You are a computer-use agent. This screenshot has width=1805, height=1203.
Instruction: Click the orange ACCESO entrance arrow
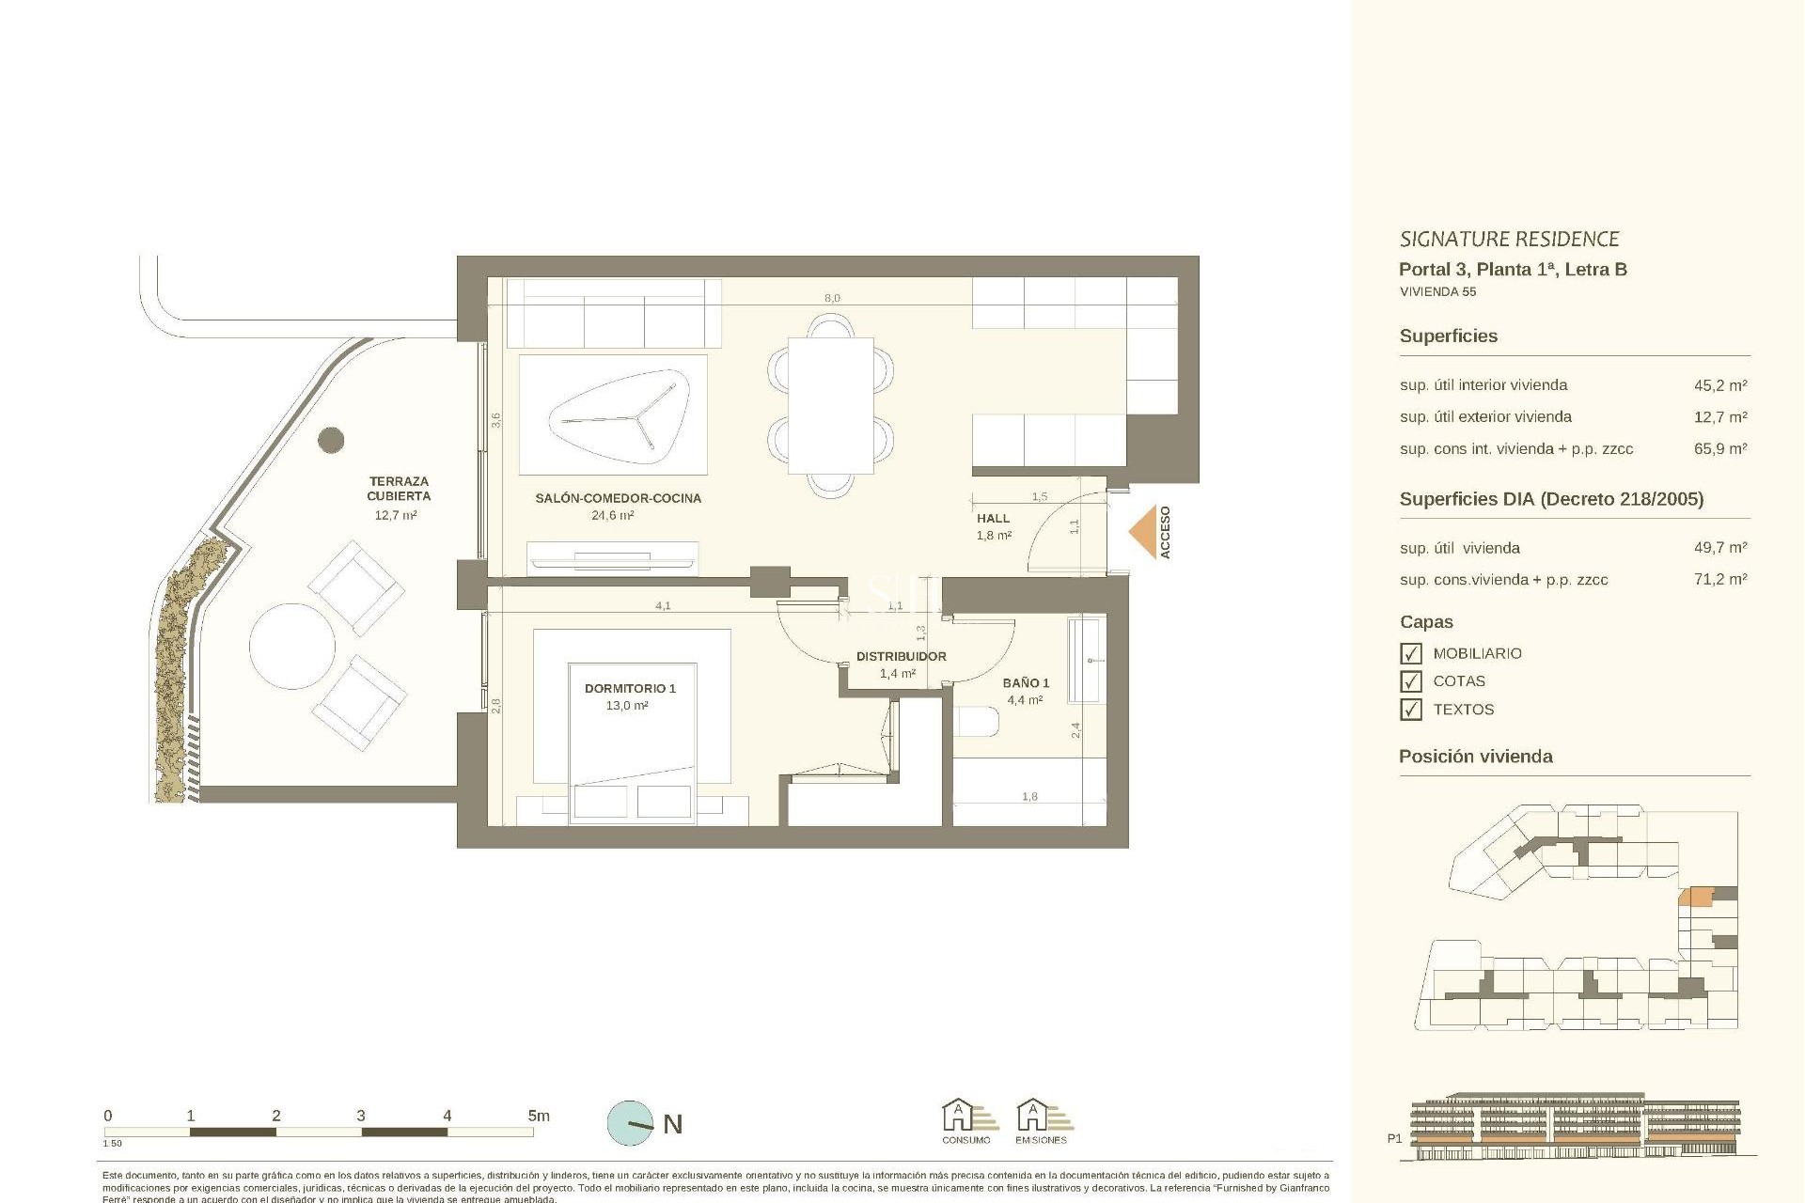1143,532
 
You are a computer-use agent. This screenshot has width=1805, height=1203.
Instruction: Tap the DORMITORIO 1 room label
629,689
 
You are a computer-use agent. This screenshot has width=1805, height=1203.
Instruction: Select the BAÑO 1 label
1026,683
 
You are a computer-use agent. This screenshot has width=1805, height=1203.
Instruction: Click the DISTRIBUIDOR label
901,657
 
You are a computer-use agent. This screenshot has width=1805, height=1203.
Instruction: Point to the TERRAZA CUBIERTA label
399,489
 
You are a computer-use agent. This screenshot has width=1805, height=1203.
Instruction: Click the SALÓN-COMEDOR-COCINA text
618,499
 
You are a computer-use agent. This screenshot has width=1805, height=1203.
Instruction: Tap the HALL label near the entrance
993,519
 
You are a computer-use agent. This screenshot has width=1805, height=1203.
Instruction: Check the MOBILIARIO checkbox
1410,653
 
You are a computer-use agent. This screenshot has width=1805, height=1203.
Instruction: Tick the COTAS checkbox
1410,681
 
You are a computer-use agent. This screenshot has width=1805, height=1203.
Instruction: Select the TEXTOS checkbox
1410,710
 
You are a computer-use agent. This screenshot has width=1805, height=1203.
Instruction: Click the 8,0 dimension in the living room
832,299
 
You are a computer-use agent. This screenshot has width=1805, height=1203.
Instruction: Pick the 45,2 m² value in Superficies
1719,385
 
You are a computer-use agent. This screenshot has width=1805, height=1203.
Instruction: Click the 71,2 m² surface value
1719,580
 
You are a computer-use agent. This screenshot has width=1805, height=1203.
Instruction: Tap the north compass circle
630,1123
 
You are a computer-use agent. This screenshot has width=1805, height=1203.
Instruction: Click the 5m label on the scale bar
538,1117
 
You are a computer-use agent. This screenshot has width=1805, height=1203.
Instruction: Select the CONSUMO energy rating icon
965,1120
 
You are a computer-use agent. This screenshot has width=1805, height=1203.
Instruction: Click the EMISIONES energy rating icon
1041,1120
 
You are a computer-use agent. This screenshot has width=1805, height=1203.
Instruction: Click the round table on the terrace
292,646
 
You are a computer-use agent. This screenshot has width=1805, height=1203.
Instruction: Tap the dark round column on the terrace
331,439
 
